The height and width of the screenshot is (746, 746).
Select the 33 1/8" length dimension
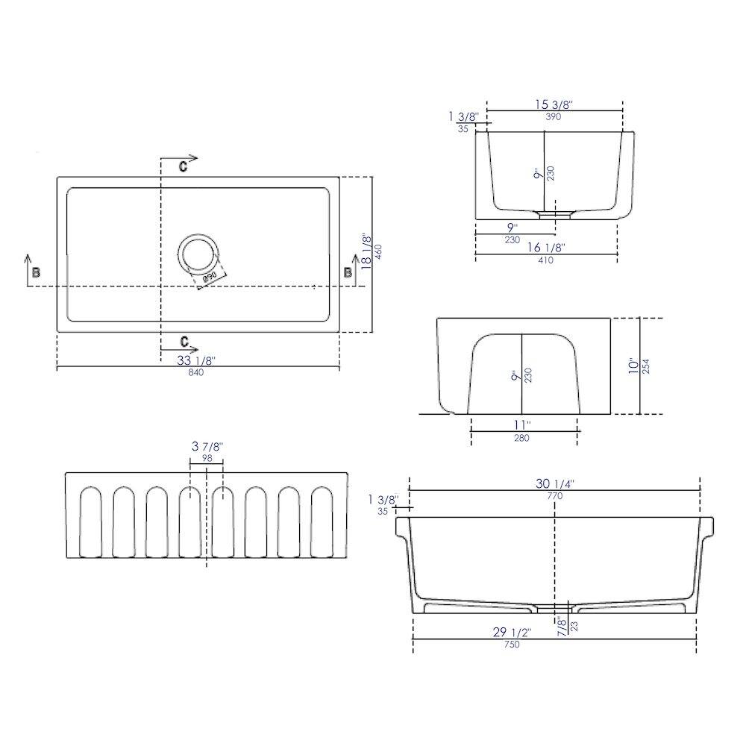pos(196,360)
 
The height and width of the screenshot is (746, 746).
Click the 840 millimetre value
pos(195,372)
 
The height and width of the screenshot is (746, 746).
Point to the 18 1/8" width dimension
pos(366,251)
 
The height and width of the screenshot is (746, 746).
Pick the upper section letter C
pos(183,166)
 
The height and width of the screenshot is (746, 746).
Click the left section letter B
pos(36,272)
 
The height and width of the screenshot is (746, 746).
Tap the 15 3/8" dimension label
pos(553,104)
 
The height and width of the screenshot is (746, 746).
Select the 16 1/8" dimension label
pos(546,248)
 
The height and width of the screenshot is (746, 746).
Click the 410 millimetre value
pos(546,260)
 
